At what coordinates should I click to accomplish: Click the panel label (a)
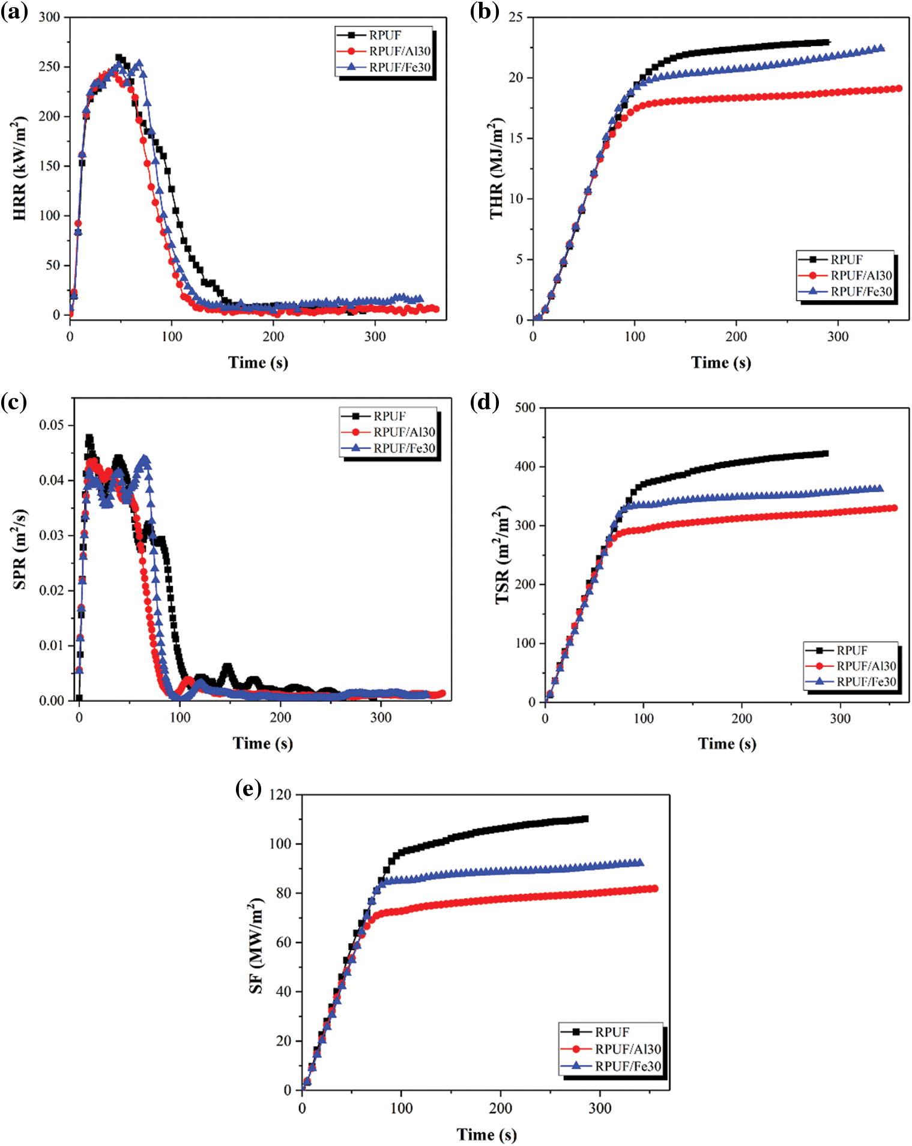[14, 12]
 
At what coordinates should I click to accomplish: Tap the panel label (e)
[248, 788]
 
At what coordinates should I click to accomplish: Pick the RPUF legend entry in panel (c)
[389, 416]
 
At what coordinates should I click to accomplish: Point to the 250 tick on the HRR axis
[50, 67]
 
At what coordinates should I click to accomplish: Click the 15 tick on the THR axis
[516, 138]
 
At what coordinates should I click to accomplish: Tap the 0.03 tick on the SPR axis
[51, 535]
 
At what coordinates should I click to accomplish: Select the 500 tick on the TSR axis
[525, 408]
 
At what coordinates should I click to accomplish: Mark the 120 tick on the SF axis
[280, 795]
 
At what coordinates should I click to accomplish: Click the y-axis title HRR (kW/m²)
[19, 168]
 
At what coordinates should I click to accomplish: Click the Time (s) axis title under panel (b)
[720, 363]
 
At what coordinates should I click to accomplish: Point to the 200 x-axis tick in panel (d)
[741, 719]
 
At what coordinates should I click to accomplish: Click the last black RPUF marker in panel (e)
[585, 819]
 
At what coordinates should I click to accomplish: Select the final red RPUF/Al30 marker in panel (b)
[899, 88]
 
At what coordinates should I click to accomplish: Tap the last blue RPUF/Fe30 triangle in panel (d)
[880, 489]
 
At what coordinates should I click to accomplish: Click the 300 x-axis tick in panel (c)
[381, 717]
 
